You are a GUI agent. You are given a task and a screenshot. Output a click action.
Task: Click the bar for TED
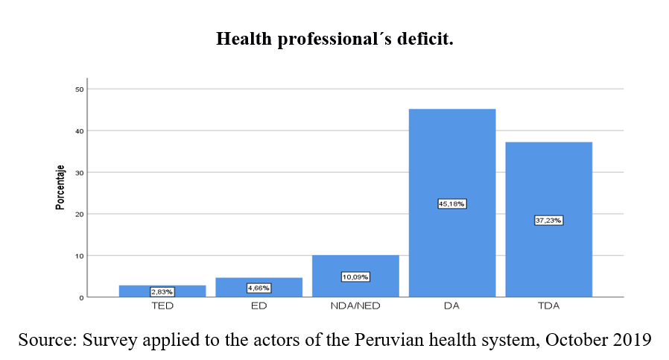coord(162,288)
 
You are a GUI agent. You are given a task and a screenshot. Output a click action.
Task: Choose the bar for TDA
coord(548,186)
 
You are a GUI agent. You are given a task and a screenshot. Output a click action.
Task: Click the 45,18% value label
coord(452,203)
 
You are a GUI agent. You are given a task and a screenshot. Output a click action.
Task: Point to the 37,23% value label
coord(548,220)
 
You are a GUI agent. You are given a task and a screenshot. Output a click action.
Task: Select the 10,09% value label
coord(355,277)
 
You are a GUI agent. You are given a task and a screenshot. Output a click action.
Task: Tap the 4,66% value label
coord(259,288)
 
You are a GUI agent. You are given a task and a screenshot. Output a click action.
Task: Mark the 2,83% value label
coord(162,291)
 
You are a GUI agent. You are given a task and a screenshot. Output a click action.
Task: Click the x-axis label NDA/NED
coord(355,307)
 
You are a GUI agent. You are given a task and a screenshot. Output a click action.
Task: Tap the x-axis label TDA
coord(548,307)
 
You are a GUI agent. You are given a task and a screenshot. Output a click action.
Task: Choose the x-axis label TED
coord(162,307)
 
